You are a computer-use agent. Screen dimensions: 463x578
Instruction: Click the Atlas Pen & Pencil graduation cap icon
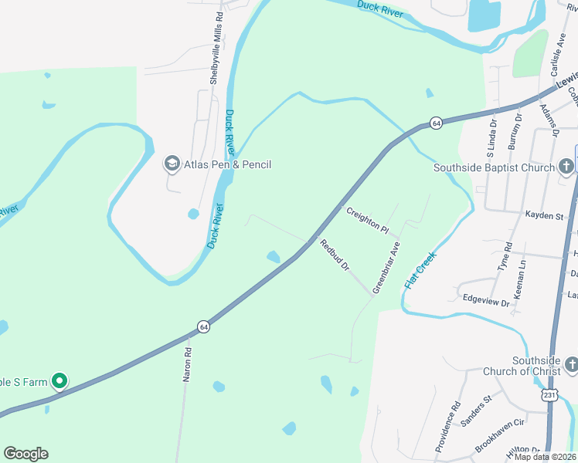pos(171,164)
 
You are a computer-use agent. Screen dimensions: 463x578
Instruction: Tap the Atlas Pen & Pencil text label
pos(227,164)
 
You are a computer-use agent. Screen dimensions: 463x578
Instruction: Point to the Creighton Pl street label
pos(368,219)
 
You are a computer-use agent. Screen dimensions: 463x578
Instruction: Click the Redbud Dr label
pos(335,255)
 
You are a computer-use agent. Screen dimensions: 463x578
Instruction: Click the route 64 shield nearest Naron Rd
pos(202,326)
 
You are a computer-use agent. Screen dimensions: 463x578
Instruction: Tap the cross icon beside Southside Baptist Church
pos(566,167)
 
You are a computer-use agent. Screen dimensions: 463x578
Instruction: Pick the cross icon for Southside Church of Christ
pos(571,363)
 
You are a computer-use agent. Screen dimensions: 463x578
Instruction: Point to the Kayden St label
pos(544,216)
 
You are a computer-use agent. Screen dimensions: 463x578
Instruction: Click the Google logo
pos(25,454)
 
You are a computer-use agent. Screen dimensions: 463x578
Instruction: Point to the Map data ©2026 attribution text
pos(542,457)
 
